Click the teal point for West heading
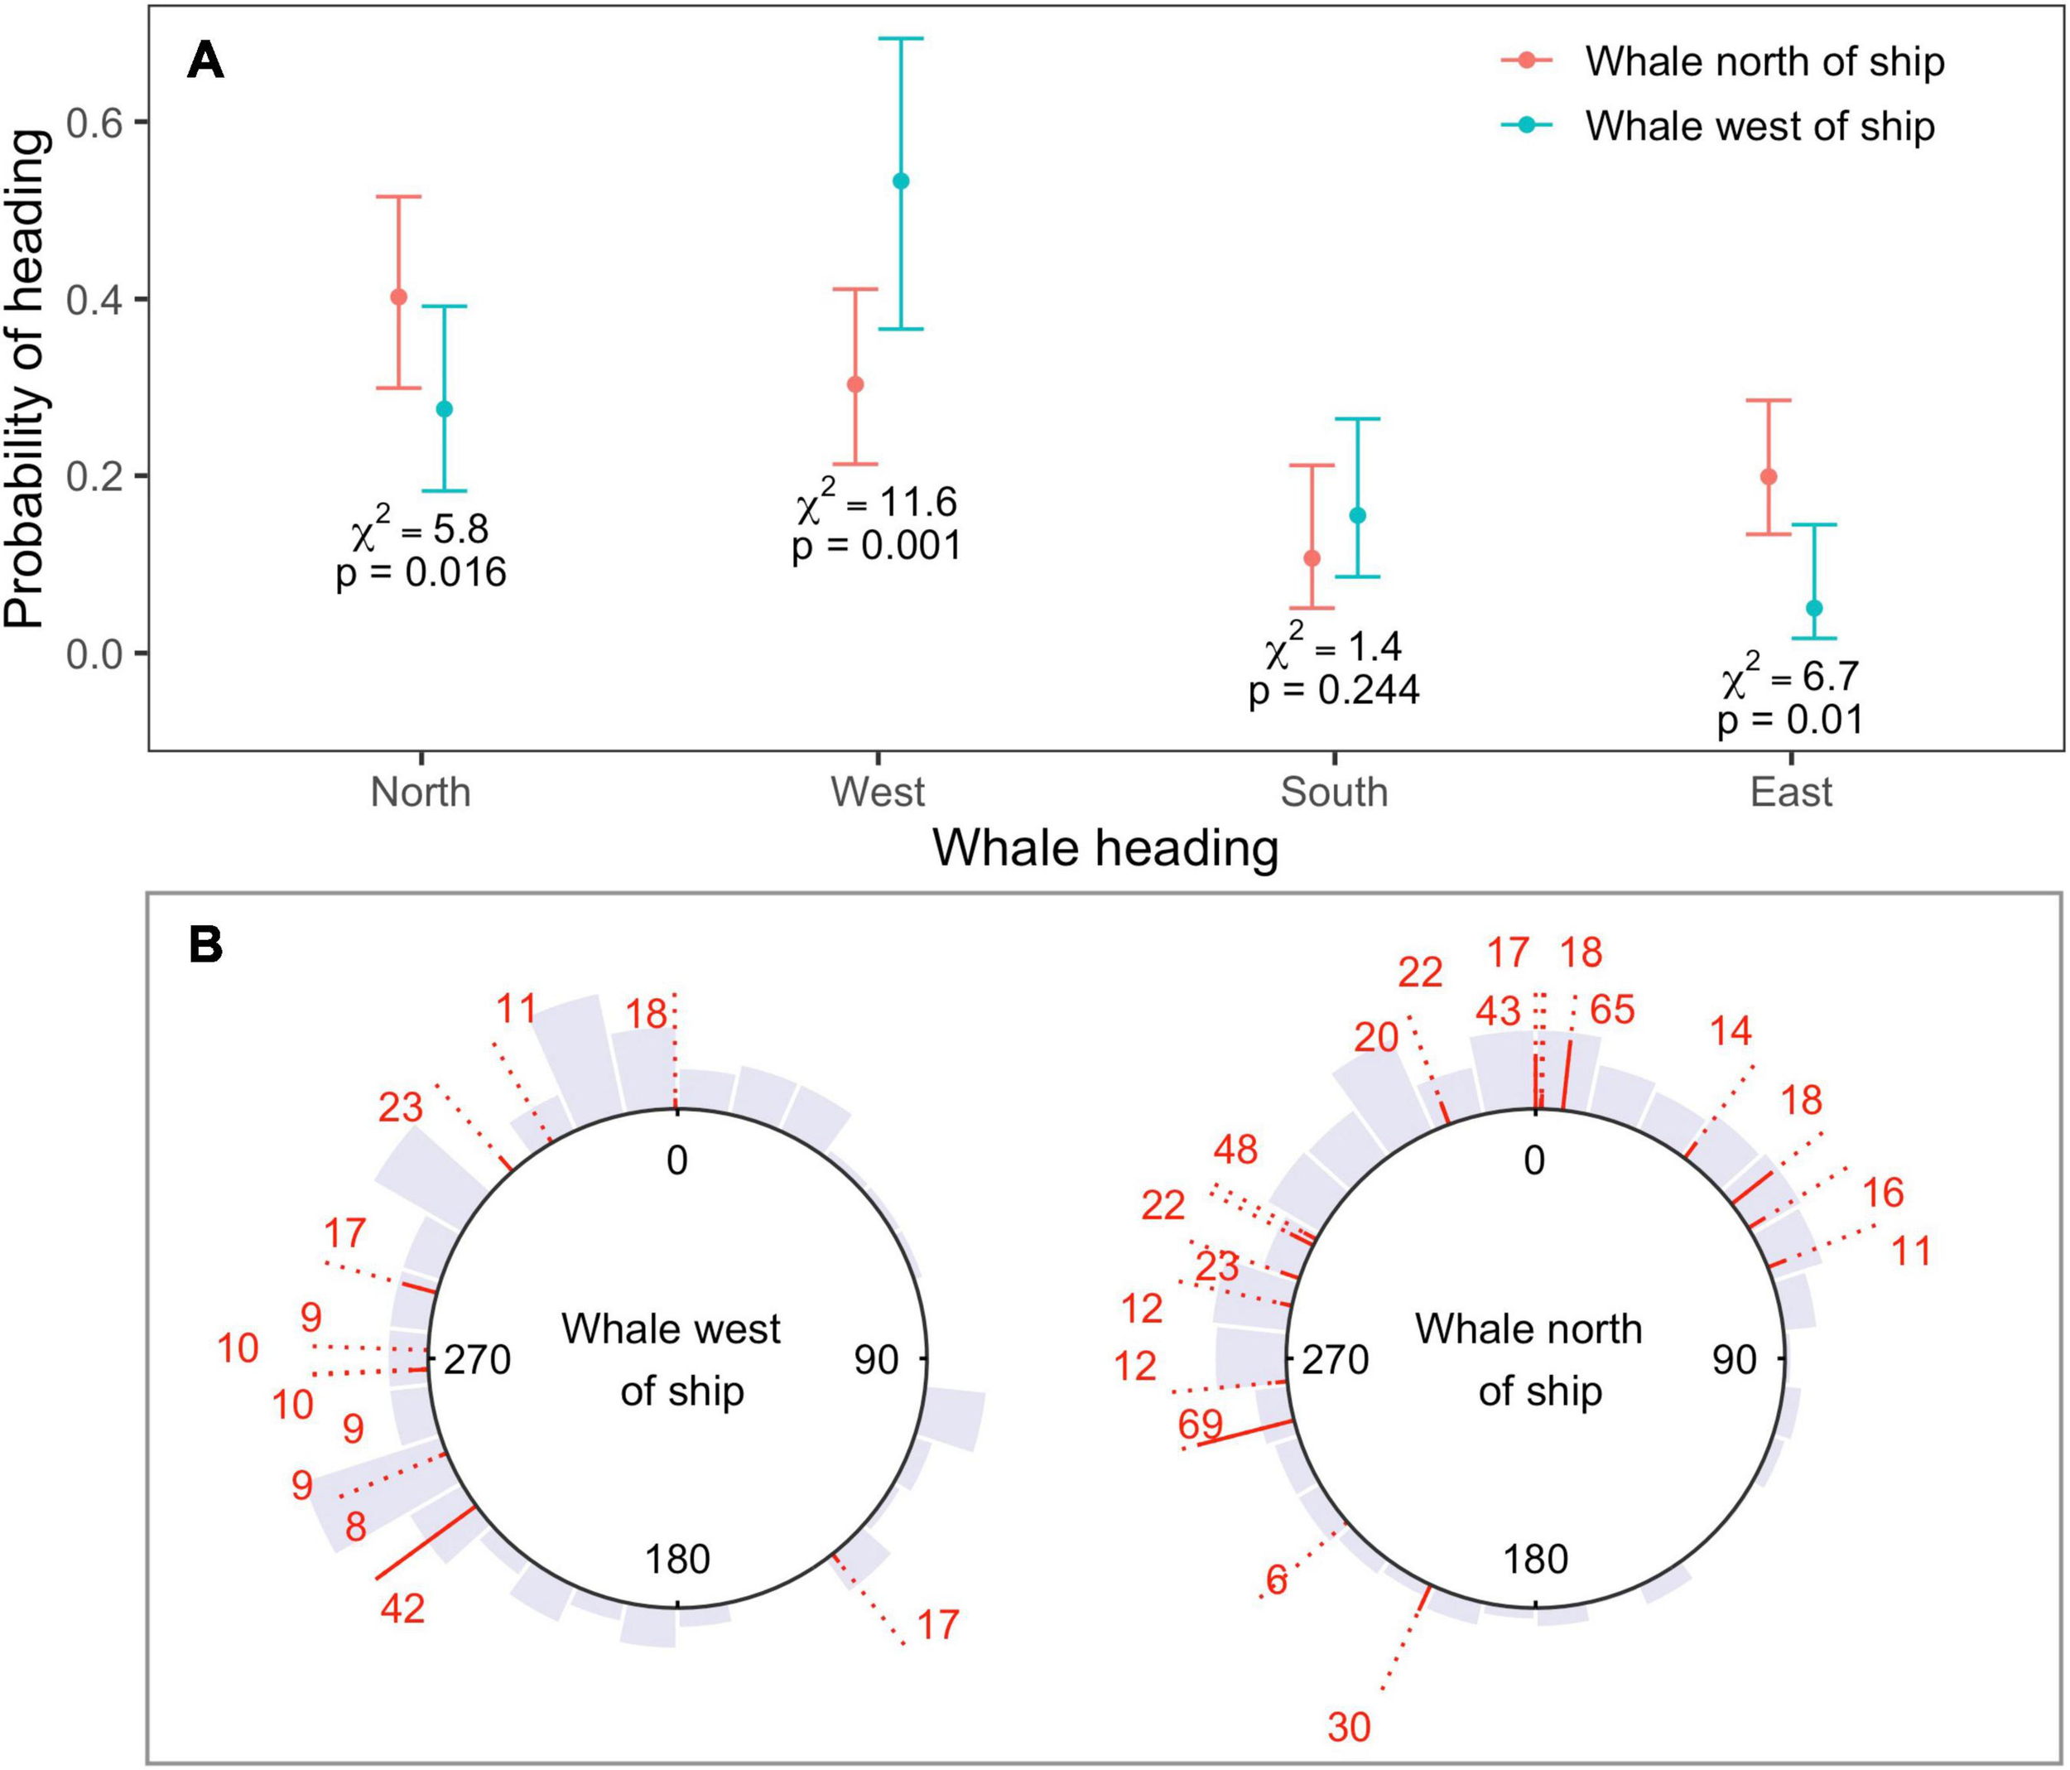[901, 181]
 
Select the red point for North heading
[398, 297]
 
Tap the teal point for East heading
[1814, 608]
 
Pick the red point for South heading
[1312, 557]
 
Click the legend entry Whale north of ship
[1764, 62]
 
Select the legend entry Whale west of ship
[1759, 126]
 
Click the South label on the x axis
[1334, 792]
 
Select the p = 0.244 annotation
[1334, 691]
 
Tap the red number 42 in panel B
[402, 1608]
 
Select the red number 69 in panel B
[1200, 1424]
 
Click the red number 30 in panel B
[1349, 1727]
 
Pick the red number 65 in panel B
[1612, 1010]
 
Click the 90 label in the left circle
[875, 1359]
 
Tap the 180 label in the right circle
[1534, 1558]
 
